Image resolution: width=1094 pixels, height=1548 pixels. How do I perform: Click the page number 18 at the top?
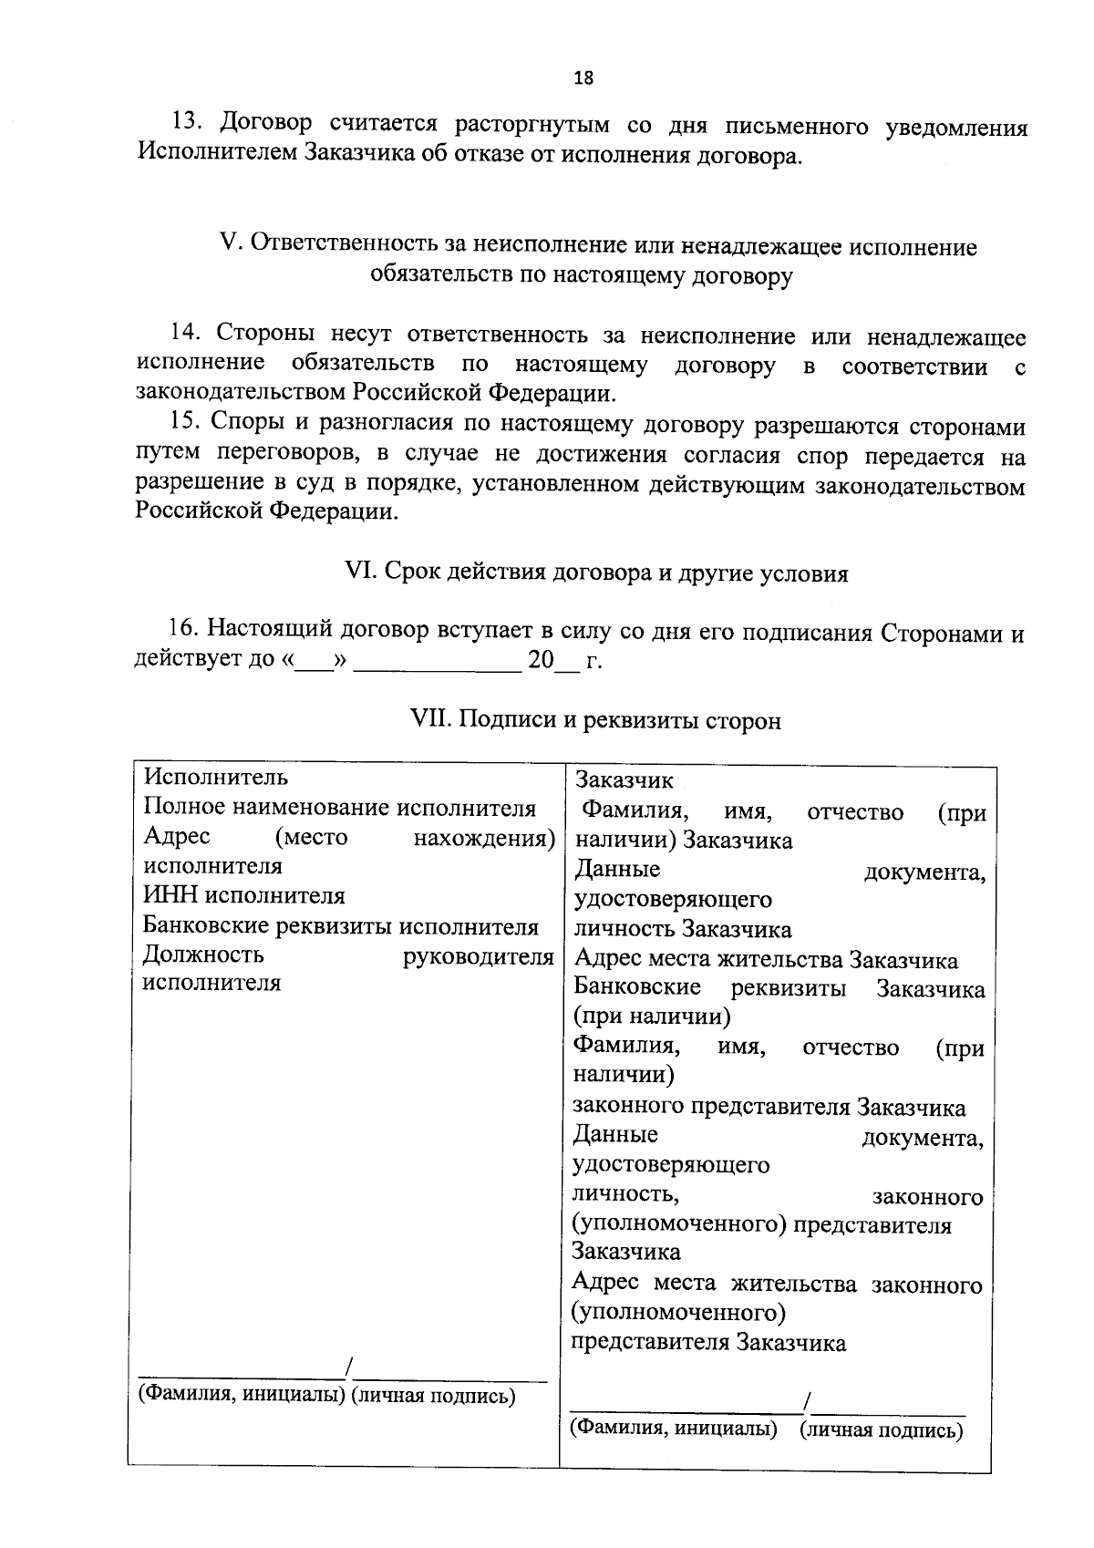pyautogui.click(x=583, y=78)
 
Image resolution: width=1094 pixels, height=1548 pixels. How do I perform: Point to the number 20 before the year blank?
pyautogui.click(x=541, y=659)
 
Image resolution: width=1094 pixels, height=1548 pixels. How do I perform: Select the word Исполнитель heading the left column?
pyautogui.click(x=216, y=777)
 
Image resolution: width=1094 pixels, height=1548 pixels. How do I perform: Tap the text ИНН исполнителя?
pyautogui.click(x=244, y=896)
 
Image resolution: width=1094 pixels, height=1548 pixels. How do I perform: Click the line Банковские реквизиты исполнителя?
pyautogui.click(x=341, y=926)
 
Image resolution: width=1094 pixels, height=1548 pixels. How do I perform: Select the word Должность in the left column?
pyautogui.click(x=203, y=955)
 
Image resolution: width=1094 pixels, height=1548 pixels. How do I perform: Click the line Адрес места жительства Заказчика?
pyautogui.click(x=766, y=960)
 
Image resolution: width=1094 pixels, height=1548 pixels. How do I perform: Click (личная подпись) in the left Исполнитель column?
pyautogui.click(x=434, y=1395)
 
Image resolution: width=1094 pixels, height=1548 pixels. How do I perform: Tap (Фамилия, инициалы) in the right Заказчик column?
pyautogui.click(x=674, y=1428)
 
